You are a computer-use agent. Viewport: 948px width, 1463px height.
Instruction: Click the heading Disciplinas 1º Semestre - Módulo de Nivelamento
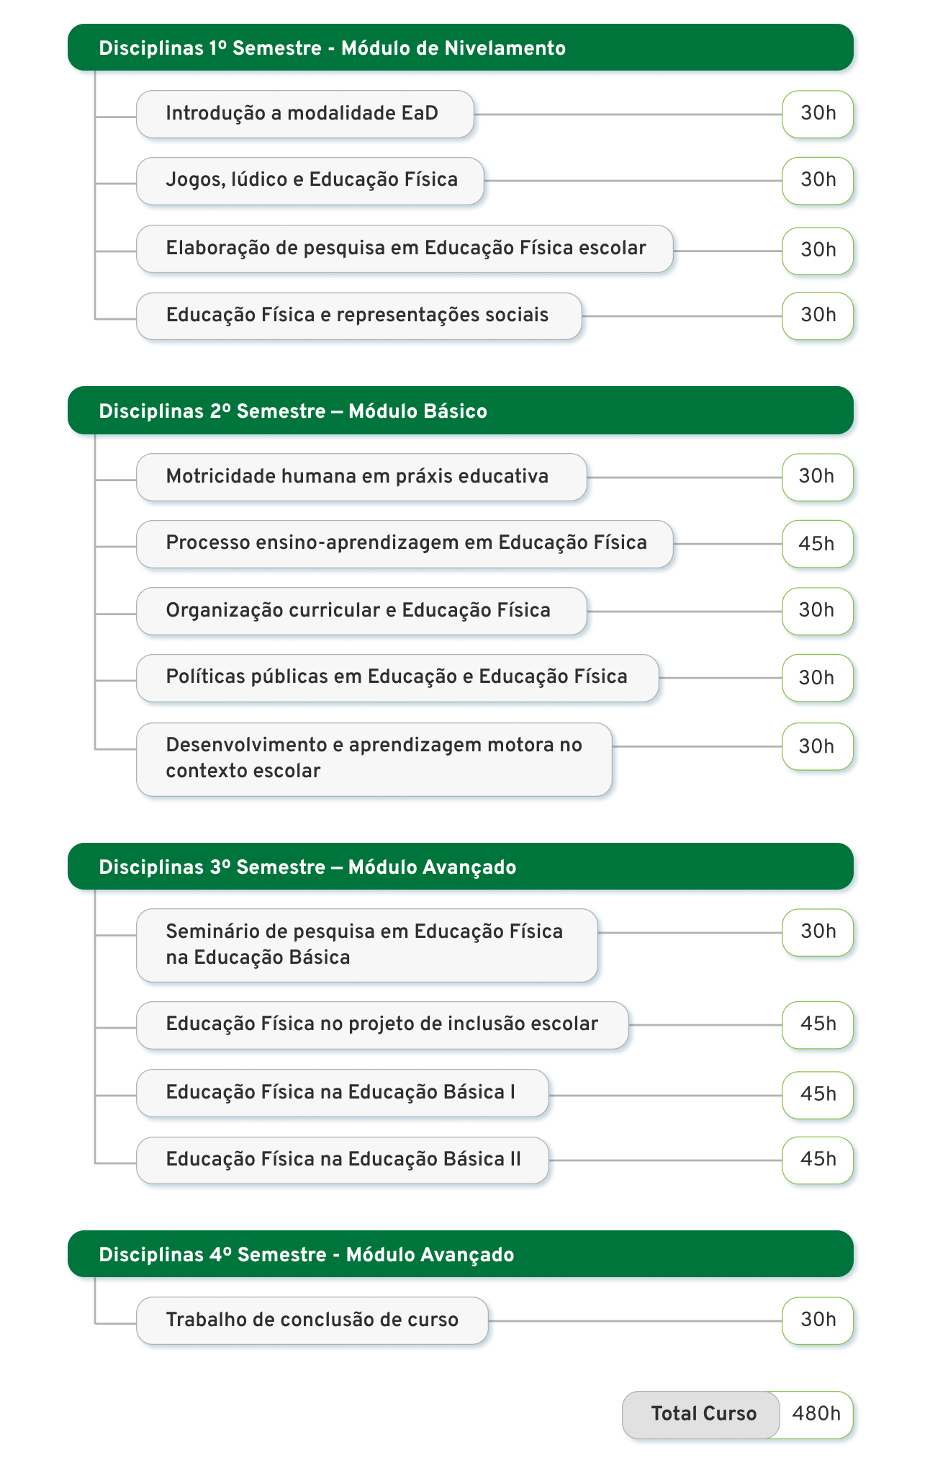461,48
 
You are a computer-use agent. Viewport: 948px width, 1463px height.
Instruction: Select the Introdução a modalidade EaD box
305,114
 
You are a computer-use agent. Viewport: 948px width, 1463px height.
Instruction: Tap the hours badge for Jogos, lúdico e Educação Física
818,180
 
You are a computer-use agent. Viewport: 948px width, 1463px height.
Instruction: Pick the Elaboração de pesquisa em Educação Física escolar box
405,249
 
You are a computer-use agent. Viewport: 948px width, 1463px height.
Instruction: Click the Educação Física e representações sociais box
359,316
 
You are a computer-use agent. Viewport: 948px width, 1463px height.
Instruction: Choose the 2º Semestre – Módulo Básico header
461,411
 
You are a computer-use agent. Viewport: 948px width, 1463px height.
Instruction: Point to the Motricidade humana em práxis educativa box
361,477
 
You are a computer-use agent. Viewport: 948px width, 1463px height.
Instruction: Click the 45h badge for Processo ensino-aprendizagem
818,544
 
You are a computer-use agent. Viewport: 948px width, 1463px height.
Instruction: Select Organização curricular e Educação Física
361,611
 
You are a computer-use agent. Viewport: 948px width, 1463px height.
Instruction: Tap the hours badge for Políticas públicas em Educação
818,678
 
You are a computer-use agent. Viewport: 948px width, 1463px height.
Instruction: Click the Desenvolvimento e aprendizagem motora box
374,759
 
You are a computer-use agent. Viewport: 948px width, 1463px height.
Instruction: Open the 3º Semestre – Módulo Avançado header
461,867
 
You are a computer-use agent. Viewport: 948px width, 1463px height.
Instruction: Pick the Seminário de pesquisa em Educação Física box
367,945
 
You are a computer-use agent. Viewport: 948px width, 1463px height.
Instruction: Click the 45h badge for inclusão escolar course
818,1025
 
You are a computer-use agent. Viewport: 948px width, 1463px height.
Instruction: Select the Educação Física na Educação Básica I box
343,1093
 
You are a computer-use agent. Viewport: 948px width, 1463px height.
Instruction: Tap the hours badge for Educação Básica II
818,1160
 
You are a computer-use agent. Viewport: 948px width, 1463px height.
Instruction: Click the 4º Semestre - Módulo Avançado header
461,1254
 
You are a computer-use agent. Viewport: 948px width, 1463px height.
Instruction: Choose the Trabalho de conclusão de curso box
312,1320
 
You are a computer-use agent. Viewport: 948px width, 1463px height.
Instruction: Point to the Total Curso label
703,1414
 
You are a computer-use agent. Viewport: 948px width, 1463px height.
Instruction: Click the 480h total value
816,1414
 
